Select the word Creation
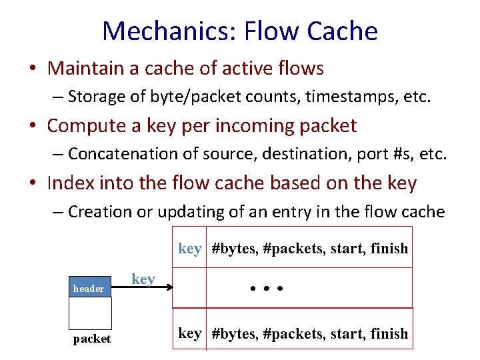pyautogui.click(x=99, y=212)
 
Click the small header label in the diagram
pyautogui.click(x=89, y=289)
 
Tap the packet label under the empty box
pyautogui.click(x=92, y=339)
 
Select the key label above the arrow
pyautogui.click(x=143, y=279)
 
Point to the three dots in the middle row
pyautogui.click(x=267, y=289)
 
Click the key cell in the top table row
pyautogui.click(x=190, y=249)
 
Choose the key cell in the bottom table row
pyautogui.click(x=190, y=333)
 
